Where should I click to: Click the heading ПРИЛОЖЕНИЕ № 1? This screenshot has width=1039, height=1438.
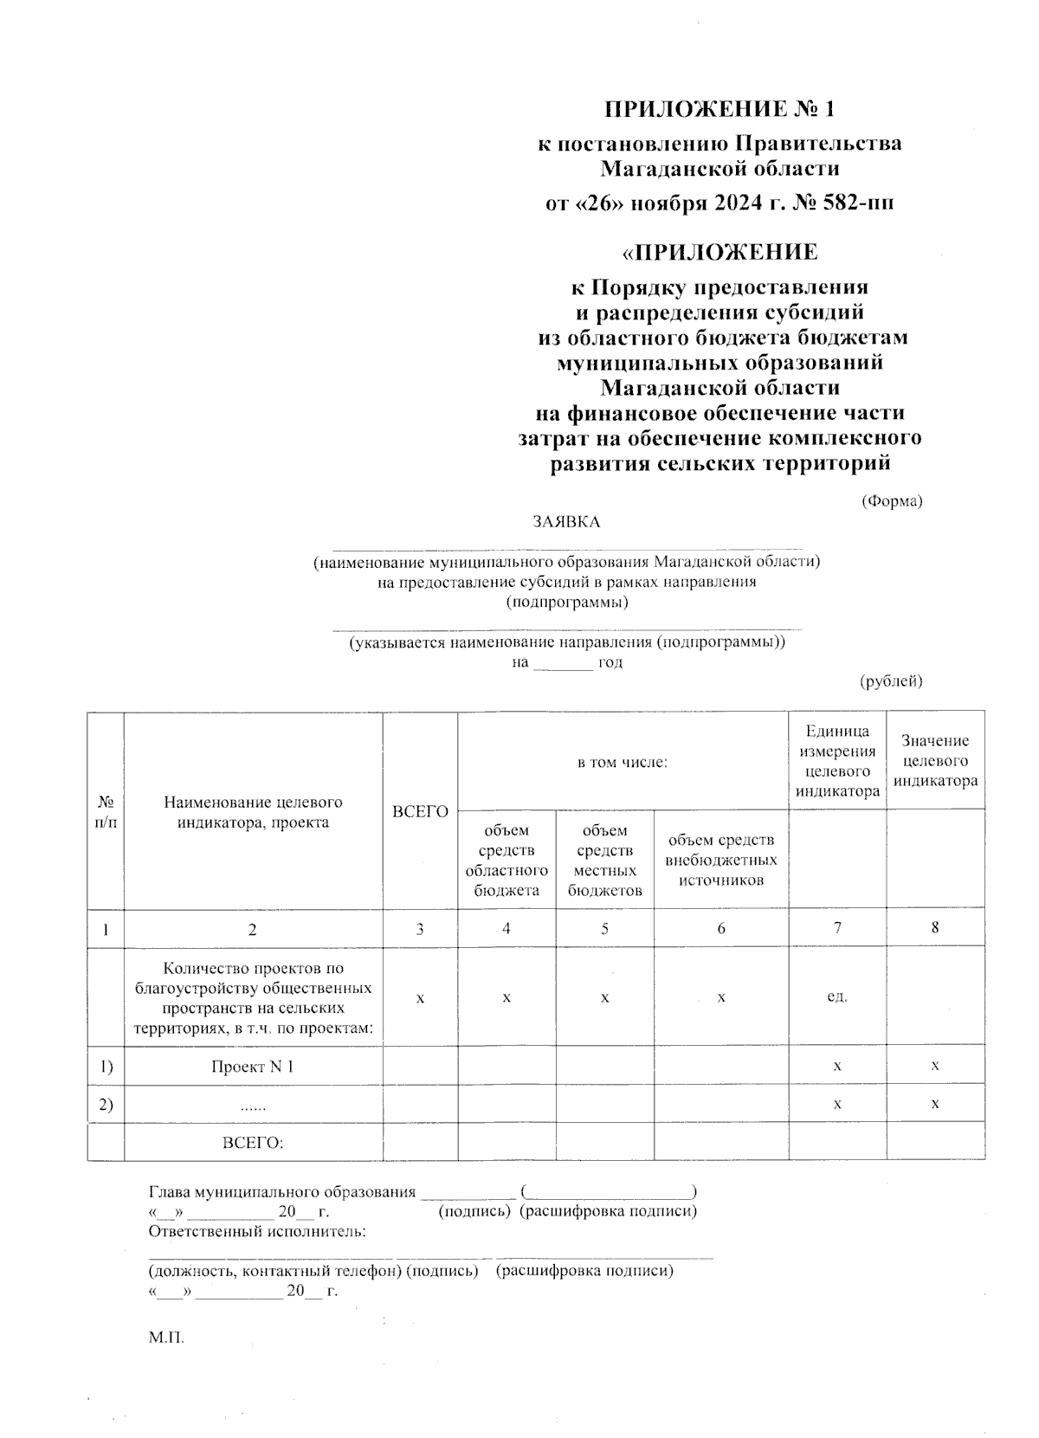pyautogui.click(x=720, y=109)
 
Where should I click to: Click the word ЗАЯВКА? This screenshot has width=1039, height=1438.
pyautogui.click(x=566, y=522)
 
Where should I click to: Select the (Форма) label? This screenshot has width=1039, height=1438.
pyautogui.click(x=891, y=501)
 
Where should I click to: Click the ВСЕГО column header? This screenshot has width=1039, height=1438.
pyautogui.click(x=420, y=811)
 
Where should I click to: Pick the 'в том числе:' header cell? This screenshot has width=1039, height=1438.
pyautogui.click(x=623, y=763)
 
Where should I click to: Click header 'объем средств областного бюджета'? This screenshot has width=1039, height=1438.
pyautogui.click(x=507, y=860)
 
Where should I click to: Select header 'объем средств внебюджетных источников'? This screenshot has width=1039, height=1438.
pyautogui.click(x=720, y=860)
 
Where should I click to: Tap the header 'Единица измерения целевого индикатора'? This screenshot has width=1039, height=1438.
pyautogui.click(x=837, y=761)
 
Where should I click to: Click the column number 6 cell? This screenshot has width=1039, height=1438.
pyautogui.click(x=720, y=929)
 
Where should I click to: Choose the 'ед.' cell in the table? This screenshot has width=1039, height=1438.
pyautogui.click(x=837, y=996)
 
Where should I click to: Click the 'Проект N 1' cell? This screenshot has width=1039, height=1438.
pyautogui.click(x=253, y=1067)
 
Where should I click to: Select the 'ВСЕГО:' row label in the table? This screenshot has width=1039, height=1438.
pyautogui.click(x=253, y=1143)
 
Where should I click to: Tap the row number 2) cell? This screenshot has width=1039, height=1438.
pyautogui.click(x=106, y=1105)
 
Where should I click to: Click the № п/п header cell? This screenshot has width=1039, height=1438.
pyautogui.click(x=106, y=811)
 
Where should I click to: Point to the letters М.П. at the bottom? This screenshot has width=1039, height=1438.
pyautogui.click(x=166, y=1338)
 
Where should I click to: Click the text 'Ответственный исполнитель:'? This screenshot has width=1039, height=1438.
pyautogui.click(x=257, y=1231)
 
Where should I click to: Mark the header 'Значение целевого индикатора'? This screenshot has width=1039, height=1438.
pyautogui.click(x=935, y=761)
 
